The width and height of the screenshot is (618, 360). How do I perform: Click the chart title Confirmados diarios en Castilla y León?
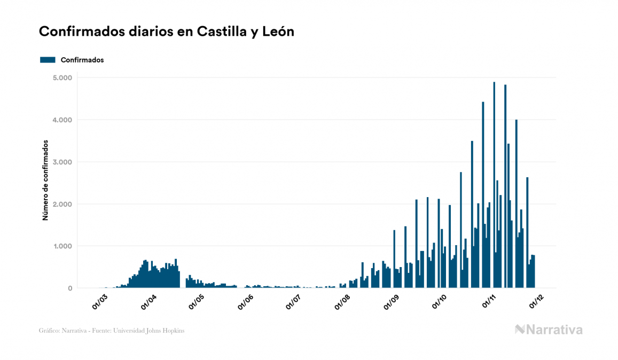pyautogui.click(x=167, y=32)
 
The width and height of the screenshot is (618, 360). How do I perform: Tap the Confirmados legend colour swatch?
pyautogui.click(x=48, y=60)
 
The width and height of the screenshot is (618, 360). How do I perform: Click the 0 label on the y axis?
pyautogui.click(x=70, y=288)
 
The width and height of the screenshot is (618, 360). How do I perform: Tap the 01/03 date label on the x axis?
pyautogui.click(x=99, y=302)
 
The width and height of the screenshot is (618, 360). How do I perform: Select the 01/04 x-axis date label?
pyautogui.click(x=148, y=302)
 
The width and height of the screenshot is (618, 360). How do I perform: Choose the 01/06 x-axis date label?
pyautogui.click(x=245, y=302)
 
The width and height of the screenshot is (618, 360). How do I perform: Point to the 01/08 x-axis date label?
pyautogui.click(x=342, y=302)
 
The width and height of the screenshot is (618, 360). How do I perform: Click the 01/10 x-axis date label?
pyautogui.click(x=439, y=302)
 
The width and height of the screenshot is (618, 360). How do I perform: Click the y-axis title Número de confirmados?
pyautogui.click(x=46, y=181)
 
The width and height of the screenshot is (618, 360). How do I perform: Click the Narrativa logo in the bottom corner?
pyautogui.click(x=549, y=330)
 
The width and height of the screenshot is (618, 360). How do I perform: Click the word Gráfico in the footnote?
pyautogui.click(x=49, y=331)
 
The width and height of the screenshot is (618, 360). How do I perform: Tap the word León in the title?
pyautogui.click(x=278, y=32)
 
